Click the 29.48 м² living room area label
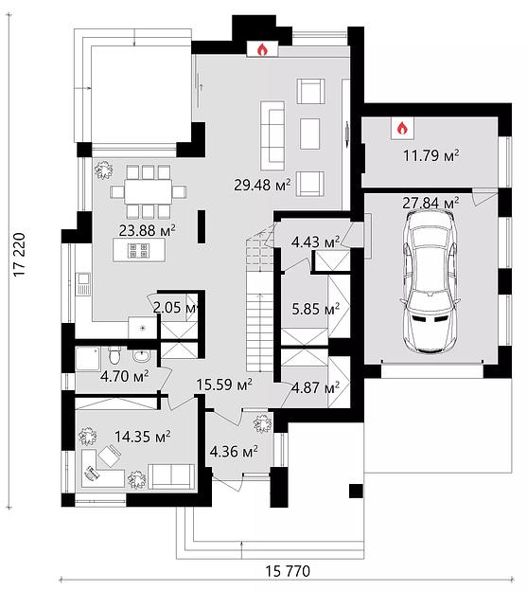tap(262, 185)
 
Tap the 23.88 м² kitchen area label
tap(148, 230)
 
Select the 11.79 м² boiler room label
tap(430, 155)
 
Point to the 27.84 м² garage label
tap(430, 203)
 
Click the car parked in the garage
tap(430, 281)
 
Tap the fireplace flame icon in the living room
tap(262, 50)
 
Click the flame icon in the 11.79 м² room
tap(402, 128)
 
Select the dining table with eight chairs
tap(148, 192)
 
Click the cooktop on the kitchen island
tap(139, 250)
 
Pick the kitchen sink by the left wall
tap(83, 284)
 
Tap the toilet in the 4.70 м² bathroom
tap(114, 353)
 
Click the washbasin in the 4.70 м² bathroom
tap(142, 355)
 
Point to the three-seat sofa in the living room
tap(272, 135)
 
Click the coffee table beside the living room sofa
tap(309, 134)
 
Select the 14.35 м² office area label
tap(142, 437)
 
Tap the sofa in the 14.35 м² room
tap(171, 476)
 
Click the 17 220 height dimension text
tap(19, 255)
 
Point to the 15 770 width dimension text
tap(288, 571)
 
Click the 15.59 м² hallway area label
tap(224, 385)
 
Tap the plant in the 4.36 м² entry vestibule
tap(262, 423)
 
